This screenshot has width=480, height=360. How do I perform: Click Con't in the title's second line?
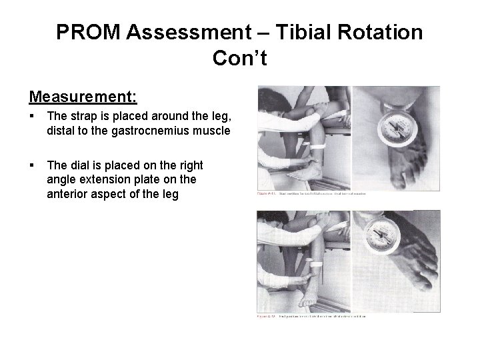point(240,59)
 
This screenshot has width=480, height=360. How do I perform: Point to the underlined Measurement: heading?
point(83,97)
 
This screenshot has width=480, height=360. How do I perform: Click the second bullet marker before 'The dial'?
point(32,165)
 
